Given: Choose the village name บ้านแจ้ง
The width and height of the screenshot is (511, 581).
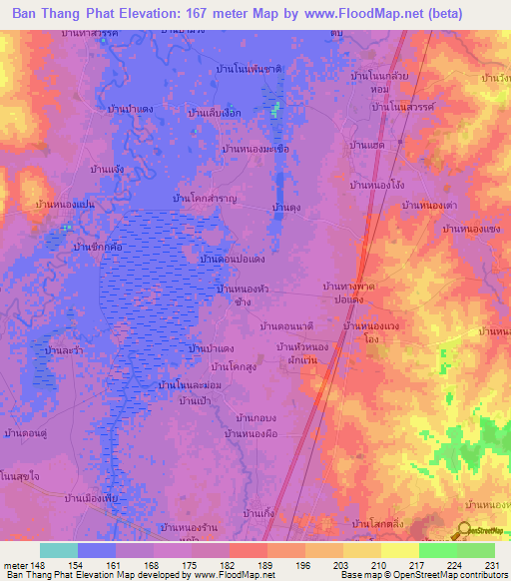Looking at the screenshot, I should (x=107, y=170).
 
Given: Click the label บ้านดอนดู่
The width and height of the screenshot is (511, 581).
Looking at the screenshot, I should (x=28, y=434).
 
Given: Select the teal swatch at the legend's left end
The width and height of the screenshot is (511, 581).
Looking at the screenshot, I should (x=59, y=550).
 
